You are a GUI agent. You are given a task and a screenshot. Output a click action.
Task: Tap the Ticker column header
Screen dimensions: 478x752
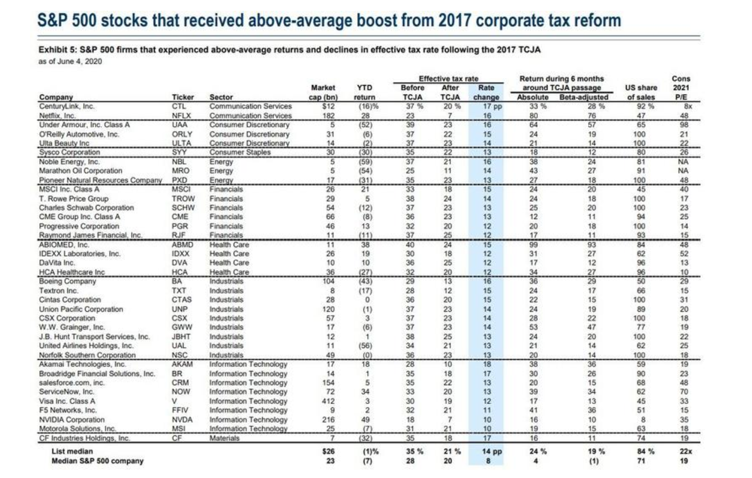pos(183,97)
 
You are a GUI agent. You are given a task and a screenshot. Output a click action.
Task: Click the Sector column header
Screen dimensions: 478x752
pos(221,97)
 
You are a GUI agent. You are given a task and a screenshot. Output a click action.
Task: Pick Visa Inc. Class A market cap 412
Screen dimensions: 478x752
pos(328,401)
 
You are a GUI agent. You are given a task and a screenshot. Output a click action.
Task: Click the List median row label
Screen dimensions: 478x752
pos(72,452)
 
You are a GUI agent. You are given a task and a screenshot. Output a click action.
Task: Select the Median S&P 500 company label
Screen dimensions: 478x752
pos(97,461)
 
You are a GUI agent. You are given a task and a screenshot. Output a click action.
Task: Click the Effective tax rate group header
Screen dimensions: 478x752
pos(448,79)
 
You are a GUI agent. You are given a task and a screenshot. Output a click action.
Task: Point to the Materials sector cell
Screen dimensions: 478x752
pos(224,438)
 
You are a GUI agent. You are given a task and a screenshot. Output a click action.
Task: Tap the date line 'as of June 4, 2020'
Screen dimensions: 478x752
pos(70,61)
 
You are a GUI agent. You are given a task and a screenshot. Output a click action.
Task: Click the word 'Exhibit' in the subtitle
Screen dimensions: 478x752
pos(52,50)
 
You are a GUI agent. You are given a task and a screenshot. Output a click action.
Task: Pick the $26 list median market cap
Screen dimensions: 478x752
pos(328,452)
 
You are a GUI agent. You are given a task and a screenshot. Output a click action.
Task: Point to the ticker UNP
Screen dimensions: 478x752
pos(180,309)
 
